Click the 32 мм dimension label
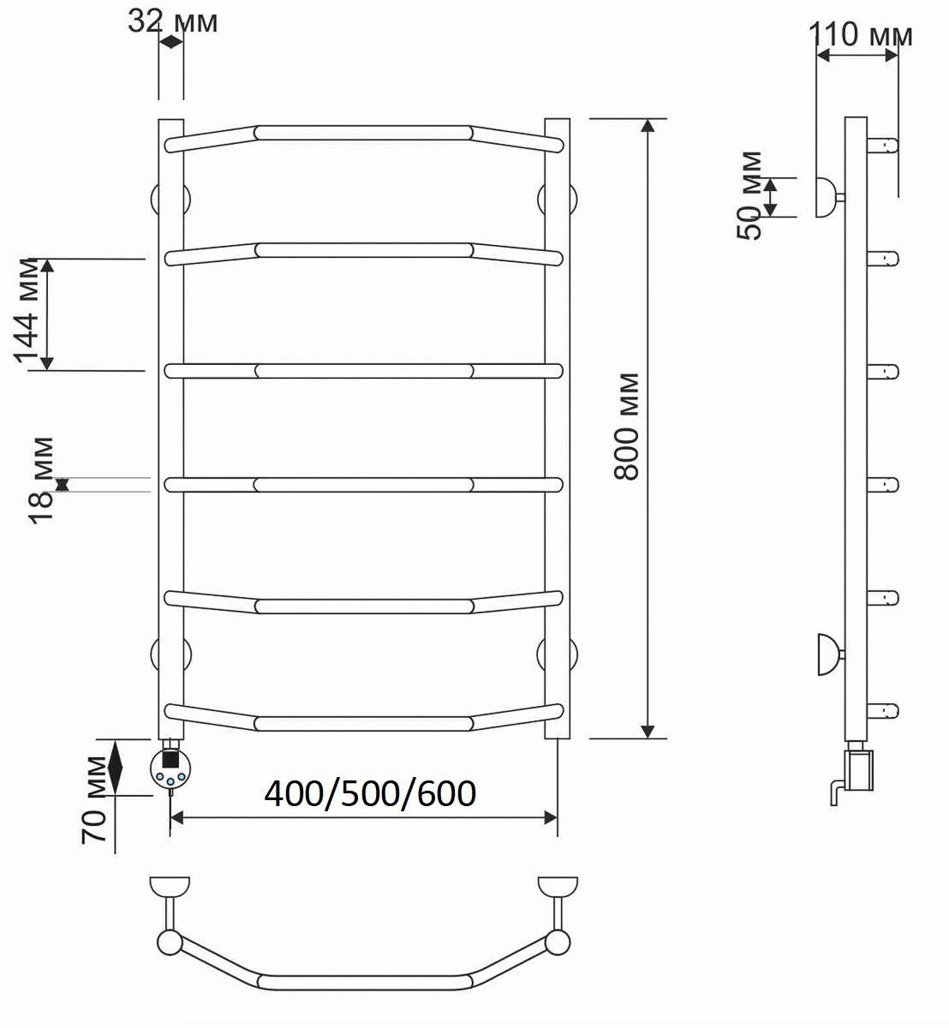173,21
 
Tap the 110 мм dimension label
860,34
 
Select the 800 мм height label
626,426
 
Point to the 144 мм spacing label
26,311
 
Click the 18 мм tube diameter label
41,481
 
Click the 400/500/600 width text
370,793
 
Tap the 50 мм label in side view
749,195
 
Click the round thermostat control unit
170,768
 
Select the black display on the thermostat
170,759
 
